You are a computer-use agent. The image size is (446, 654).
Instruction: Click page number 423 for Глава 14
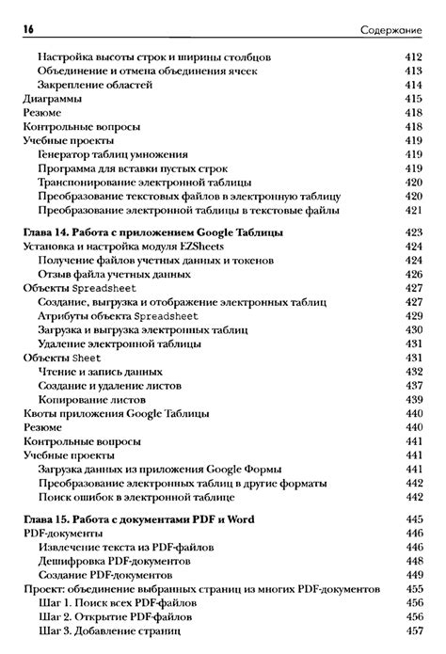[413, 231]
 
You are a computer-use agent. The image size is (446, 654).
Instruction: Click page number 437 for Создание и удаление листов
[413, 385]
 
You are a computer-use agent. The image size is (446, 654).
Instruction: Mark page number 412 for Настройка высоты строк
[413, 57]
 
